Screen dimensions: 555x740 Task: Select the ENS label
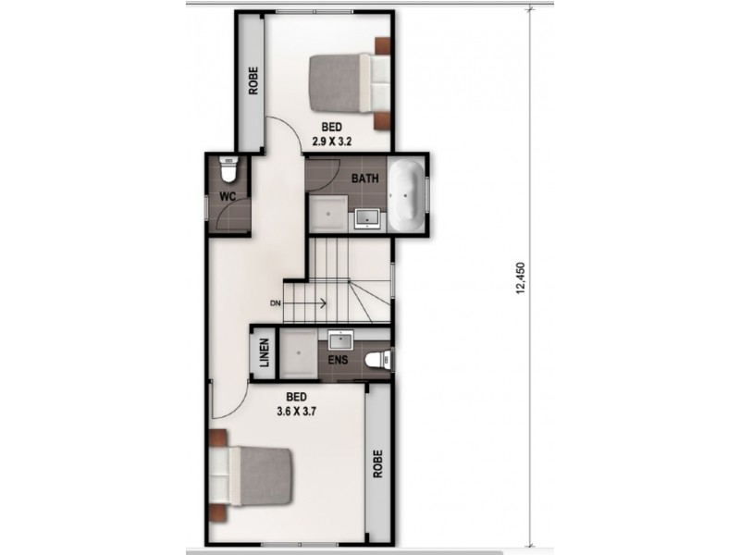[x=339, y=359]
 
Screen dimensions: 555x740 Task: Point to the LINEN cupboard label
[x=264, y=352]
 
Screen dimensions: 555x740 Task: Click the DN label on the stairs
[x=276, y=303]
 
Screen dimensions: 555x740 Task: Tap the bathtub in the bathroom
[x=406, y=195]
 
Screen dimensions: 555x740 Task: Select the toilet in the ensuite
[x=377, y=359]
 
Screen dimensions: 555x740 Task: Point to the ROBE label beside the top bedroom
[x=252, y=82]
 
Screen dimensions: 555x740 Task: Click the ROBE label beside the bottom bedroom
[x=377, y=463]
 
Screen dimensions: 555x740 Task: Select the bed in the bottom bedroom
[x=252, y=475]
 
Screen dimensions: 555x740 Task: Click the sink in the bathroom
[x=368, y=218]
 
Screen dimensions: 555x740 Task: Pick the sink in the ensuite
[x=339, y=339]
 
